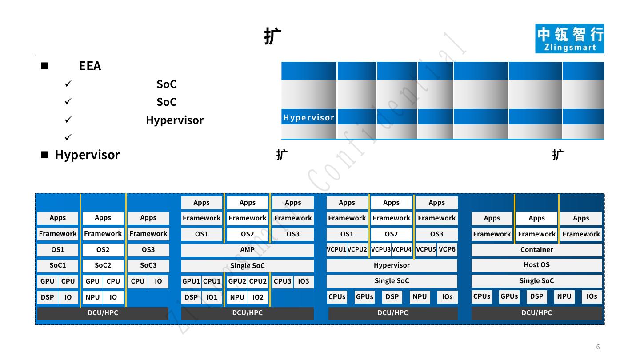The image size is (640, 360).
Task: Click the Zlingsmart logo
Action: (569, 39)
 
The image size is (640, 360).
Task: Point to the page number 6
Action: (598, 347)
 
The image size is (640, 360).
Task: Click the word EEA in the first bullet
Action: (90, 66)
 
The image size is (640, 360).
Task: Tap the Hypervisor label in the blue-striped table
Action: (309, 118)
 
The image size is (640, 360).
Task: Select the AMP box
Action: (247, 250)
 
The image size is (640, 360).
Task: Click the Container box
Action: (536, 250)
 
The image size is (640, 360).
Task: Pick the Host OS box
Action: (536, 265)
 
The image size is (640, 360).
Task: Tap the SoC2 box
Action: (103, 265)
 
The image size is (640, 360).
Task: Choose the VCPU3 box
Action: (380, 249)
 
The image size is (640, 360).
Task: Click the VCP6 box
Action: (447, 249)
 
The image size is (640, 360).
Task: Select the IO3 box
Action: (304, 281)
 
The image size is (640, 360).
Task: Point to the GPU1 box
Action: (191, 281)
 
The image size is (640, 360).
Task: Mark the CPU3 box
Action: (282, 281)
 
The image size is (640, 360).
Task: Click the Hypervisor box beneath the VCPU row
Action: (392, 265)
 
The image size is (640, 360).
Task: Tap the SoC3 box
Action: (148, 265)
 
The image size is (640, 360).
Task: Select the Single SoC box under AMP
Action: (247, 266)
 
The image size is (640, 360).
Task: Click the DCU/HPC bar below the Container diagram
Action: (536, 313)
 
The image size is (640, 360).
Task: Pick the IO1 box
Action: (212, 297)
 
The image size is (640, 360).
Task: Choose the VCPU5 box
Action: (426, 249)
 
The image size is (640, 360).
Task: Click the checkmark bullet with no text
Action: (68, 137)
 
